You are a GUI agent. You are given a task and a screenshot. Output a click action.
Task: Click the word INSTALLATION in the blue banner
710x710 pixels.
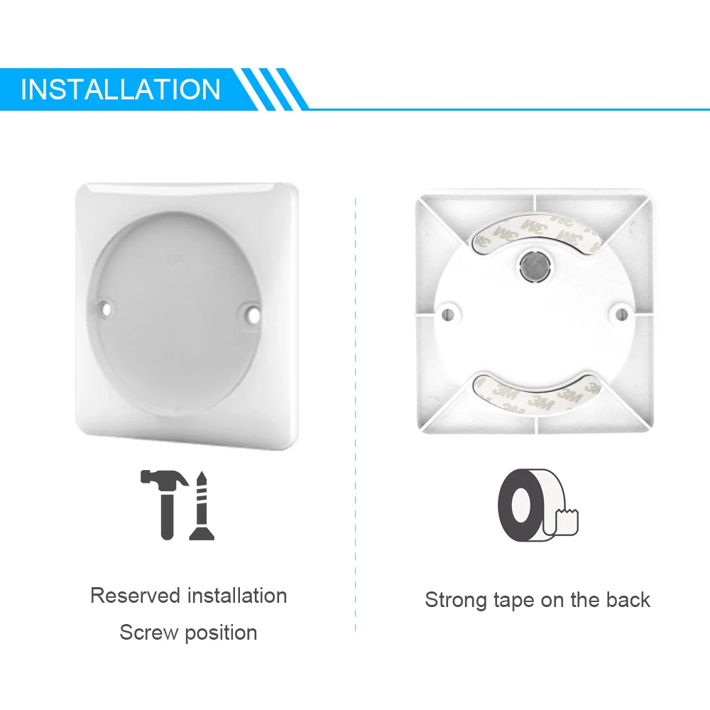pos(121,90)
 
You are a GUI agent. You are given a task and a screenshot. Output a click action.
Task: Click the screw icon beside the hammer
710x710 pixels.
pos(202,505)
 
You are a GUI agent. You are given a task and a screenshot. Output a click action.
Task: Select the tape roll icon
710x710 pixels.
pos(536,505)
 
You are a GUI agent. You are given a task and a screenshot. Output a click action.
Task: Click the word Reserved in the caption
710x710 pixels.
pos(136,596)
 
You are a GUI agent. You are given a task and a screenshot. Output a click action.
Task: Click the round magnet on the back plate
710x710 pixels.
pos(534,266)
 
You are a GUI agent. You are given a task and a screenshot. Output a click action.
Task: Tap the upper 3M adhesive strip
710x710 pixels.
pos(535,231)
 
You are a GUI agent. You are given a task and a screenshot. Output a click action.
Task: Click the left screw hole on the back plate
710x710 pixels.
pos(447,312)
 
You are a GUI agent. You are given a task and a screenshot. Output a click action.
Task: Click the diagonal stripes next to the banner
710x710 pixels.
pos(273,89)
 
